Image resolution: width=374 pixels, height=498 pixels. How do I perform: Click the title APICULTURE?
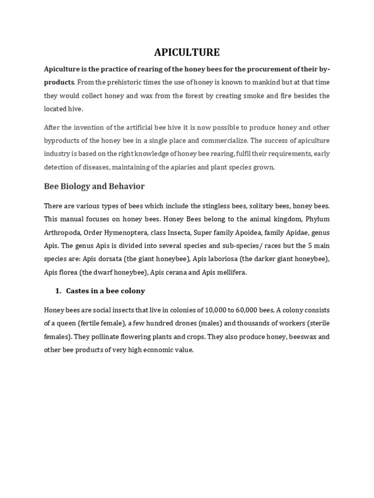click(187, 53)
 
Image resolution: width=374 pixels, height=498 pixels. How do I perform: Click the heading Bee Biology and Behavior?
click(94, 187)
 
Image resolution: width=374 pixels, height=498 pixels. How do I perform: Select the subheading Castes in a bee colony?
click(106, 291)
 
